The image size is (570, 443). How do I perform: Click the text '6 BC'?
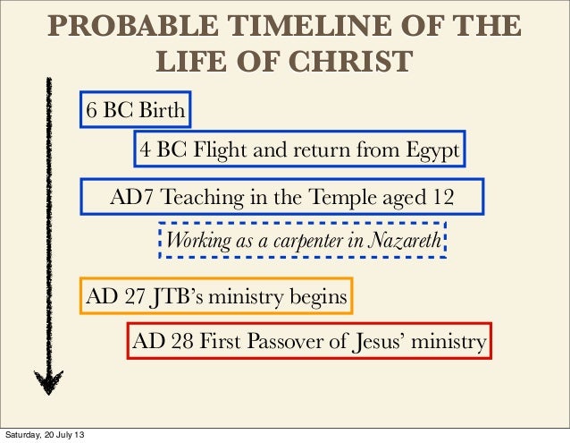[x=108, y=113]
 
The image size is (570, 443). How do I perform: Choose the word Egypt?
[x=432, y=150]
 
